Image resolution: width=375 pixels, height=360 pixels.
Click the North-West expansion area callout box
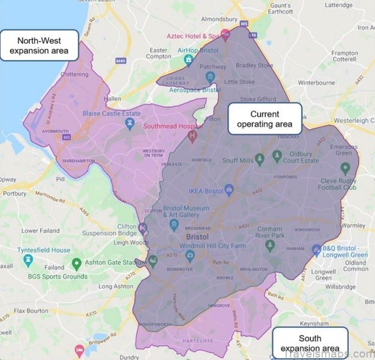pos(40,46)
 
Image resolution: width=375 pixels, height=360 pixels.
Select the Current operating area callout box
pos(264,119)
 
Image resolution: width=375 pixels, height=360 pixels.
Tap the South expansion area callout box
pos(310,343)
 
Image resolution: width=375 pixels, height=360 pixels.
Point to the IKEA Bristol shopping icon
pos(229,190)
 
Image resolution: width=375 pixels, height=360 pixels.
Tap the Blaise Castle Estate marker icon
pos(129,123)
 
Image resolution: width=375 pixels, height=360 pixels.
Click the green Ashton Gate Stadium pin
pos(77,264)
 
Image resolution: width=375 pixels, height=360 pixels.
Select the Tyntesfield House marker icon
pos(27,260)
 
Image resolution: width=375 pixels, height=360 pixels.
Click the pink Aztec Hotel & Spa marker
pos(225,35)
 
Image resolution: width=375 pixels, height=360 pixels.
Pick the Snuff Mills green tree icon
pos(260,159)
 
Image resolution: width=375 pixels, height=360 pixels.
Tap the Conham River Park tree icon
pos(270,245)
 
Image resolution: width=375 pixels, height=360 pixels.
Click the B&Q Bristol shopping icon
pos(316,249)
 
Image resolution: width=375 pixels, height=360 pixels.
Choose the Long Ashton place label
pos(115,286)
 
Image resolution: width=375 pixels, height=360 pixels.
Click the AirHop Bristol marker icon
pos(188,60)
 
